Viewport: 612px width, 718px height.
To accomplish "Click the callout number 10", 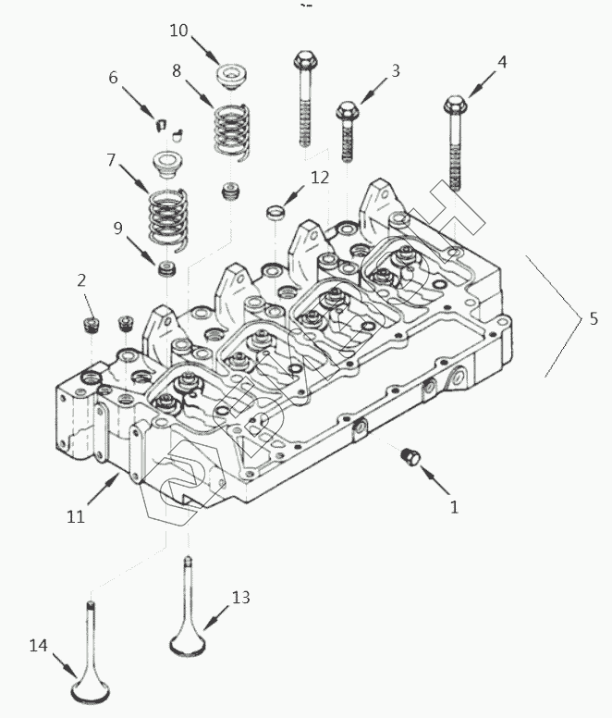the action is (178, 31).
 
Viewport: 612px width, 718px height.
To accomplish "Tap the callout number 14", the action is (39, 646).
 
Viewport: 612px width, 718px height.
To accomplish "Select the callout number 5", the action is (594, 318).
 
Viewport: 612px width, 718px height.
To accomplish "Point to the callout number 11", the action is (76, 516).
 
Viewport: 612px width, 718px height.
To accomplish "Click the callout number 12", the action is (320, 178).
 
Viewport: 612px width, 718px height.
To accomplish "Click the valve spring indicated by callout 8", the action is (232, 131).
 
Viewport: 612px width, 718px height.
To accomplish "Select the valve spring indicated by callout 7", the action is (168, 220).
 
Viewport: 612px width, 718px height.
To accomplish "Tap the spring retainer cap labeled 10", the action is (231, 76).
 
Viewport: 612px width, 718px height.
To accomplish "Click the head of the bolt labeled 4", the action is (455, 105).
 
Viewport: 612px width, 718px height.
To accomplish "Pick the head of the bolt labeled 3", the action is (348, 111).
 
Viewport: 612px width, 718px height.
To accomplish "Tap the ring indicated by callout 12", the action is (275, 212).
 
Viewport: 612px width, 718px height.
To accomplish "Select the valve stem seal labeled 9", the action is (166, 269).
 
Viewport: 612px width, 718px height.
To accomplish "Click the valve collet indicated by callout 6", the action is (160, 125).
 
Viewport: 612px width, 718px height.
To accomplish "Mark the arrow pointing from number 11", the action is (104, 489).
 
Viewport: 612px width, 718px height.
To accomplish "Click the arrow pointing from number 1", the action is (435, 480).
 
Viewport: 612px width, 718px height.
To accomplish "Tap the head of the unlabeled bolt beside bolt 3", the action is (306, 60).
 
